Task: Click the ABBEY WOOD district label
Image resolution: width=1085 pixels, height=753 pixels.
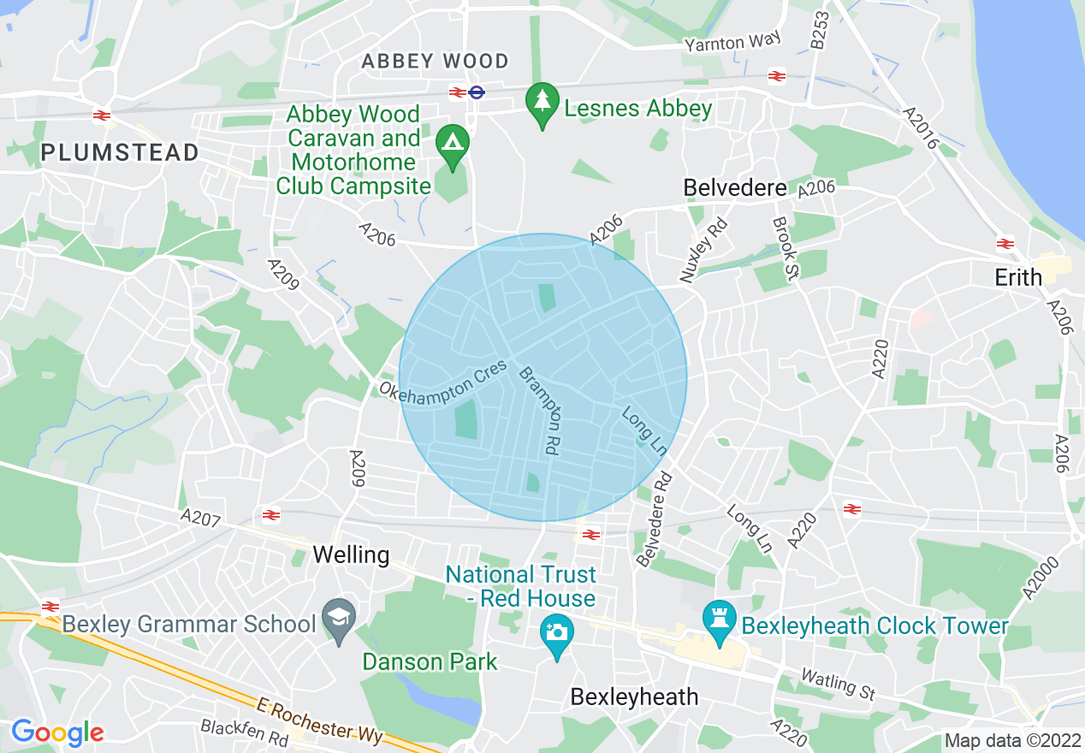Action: (435, 62)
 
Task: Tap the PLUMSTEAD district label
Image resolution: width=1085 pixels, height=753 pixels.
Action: (120, 153)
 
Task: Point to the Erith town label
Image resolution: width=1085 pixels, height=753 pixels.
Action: (1018, 277)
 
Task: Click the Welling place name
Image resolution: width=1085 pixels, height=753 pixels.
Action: (351, 554)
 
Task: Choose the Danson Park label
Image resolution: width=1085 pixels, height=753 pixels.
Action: (430, 661)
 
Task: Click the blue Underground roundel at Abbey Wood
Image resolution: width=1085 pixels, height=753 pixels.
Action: (477, 92)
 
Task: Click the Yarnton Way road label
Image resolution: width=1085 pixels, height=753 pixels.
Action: (732, 42)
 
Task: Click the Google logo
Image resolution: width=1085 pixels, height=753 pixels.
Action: (57, 732)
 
